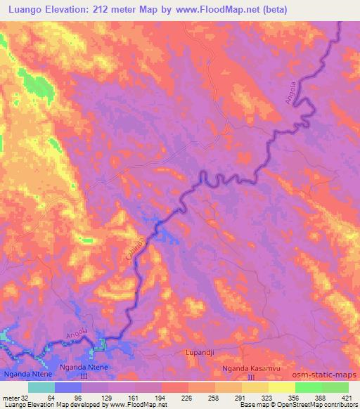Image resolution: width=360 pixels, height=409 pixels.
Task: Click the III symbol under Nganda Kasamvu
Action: (x=250, y=378)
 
